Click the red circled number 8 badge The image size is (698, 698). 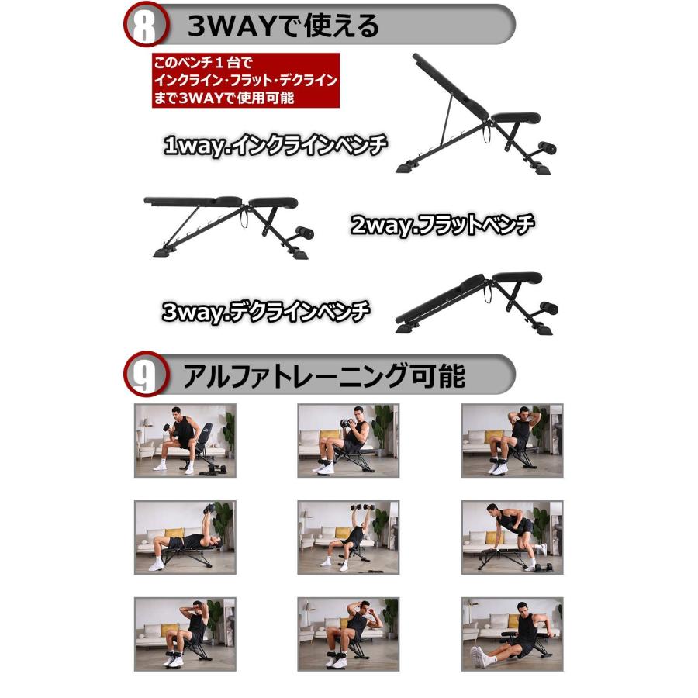click(145, 25)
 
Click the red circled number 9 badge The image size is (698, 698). click(145, 375)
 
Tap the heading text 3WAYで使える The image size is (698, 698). click(283, 26)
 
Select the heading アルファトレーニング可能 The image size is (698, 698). click(323, 376)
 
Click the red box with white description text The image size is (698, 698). click(246, 80)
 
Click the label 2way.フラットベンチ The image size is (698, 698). click(442, 226)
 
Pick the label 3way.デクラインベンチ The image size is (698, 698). click(266, 312)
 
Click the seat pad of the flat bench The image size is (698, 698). click(271, 202)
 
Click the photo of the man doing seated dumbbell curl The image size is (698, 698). click(185, 440)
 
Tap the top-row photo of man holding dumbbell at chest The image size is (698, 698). click(348, 440)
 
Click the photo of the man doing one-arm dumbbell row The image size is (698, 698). click(512, 537)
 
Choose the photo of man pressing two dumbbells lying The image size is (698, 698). click(348, 537)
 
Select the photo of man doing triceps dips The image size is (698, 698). click(512, 633)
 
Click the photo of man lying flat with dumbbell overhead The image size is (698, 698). click(185, 537)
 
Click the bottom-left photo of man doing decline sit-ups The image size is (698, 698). click(185, 633)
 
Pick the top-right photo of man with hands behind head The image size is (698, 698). click(512, 440)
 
